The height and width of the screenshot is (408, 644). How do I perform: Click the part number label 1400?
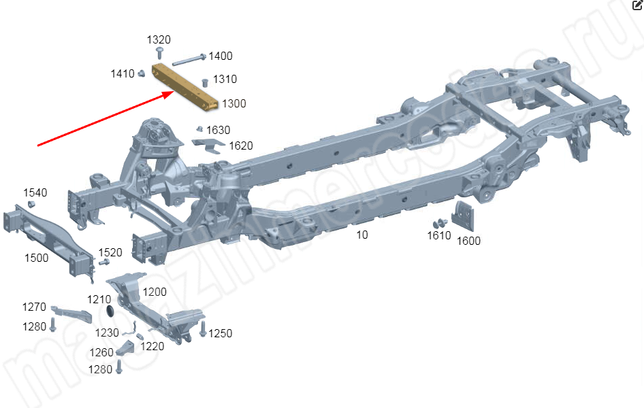tap(220, 56)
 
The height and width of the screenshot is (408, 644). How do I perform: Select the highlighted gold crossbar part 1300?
tap(185, 86)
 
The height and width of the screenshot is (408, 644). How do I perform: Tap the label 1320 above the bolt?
tap(159, 39)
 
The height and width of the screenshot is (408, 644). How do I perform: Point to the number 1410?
tap(123, 73)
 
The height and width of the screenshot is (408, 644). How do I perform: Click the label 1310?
tap(225, 80)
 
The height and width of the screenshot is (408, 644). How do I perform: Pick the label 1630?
tap(218, 130)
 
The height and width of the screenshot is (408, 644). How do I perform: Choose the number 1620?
tap(241, 146)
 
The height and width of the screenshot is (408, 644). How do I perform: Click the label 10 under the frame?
tap(362, 235)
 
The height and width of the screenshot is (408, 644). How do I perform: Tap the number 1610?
tap(439, 235)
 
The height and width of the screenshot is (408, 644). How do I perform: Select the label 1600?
tap(468, 241)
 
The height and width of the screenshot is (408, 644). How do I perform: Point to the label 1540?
tap(35, 192)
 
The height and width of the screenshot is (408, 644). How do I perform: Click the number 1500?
tap(37, 258)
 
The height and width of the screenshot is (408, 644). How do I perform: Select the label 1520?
tap(110, 252)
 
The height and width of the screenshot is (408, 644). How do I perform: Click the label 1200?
tap(155, 292)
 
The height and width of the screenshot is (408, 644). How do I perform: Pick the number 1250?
tap(220, 333)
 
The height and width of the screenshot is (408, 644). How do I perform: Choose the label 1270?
tap(34, 307)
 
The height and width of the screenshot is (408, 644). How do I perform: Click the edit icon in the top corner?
tap(637, 5)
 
